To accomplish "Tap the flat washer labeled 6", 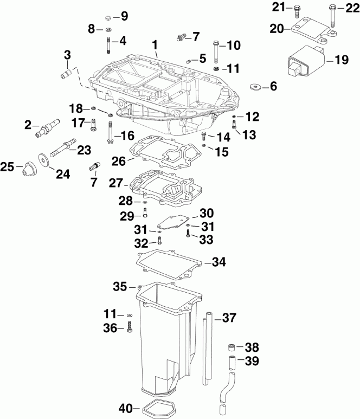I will (255, 86).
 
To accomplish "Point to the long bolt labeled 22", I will (331, 15).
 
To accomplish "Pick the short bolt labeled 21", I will (297, 10).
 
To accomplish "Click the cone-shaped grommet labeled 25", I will (25, 170).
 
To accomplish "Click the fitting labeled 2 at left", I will (45, 129).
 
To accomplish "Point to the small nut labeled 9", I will (108, 16).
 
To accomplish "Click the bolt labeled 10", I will (216, 51).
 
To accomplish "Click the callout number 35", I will (120, 286).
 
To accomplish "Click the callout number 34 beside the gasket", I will (218, 262).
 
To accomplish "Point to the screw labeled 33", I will (188, 234).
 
